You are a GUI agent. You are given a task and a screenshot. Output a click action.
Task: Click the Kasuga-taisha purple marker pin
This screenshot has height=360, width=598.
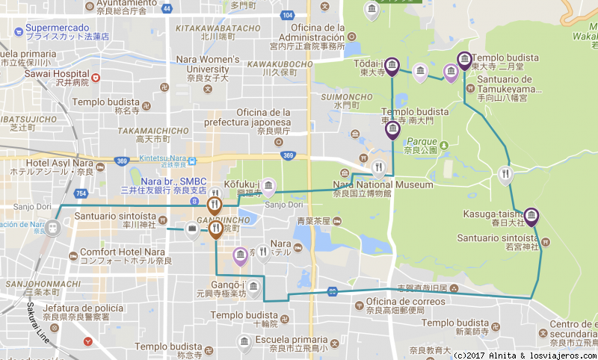point(531,217)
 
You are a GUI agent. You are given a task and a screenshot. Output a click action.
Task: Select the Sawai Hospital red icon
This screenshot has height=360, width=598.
point(95,78)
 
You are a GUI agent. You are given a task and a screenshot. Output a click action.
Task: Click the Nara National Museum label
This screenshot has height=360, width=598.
point(383,184)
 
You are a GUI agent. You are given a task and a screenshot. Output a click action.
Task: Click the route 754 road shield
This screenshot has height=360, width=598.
point(81,194)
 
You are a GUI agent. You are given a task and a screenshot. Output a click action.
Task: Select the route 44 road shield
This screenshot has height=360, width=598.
point(166,9)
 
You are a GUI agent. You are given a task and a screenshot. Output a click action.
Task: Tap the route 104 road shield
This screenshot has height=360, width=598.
point(288,15)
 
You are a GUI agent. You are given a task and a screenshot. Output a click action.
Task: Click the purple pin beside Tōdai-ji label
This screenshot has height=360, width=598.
point(391,68)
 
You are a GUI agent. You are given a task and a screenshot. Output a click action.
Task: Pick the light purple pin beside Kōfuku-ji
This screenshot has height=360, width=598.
point(268,187)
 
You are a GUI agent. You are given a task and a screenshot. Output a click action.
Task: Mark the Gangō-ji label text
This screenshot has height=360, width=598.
point(232,285)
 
